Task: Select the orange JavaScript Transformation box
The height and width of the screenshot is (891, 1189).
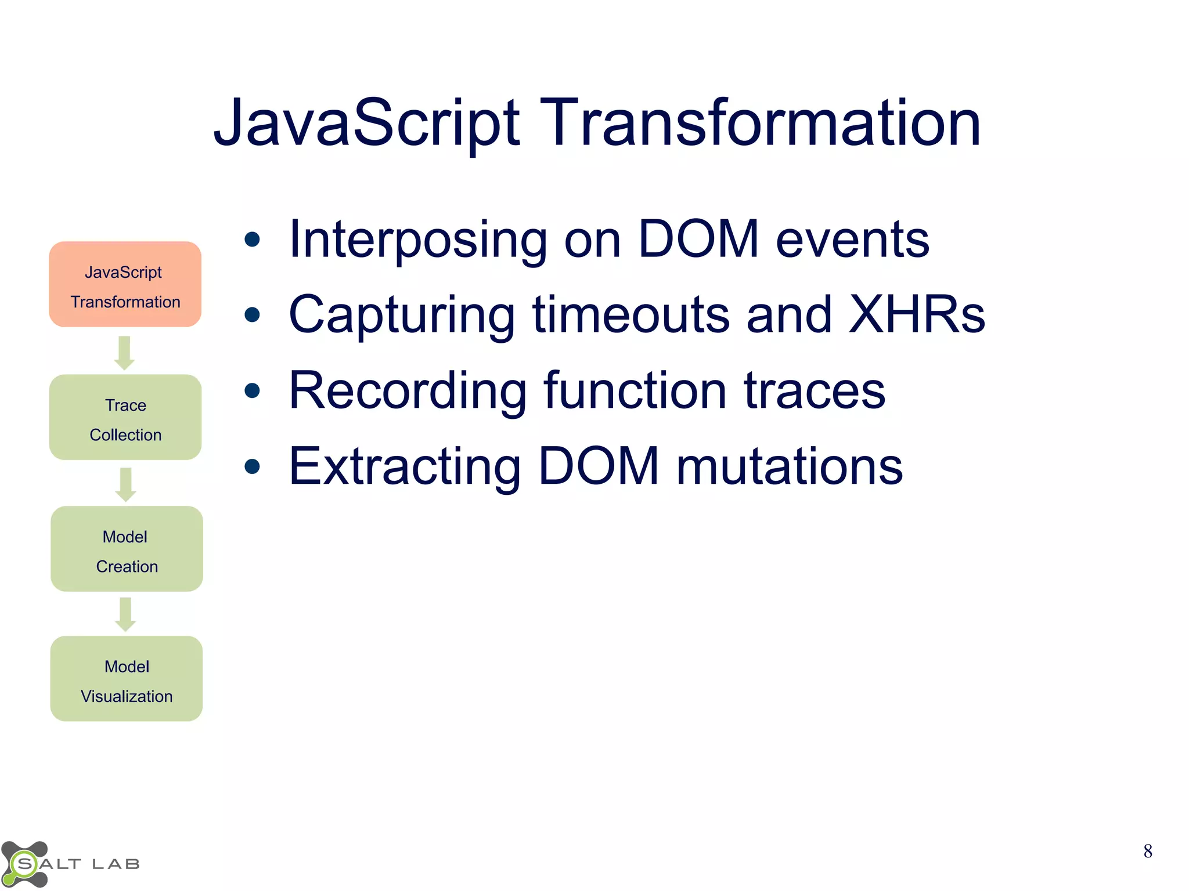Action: point(125,284)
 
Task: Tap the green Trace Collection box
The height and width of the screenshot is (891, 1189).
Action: point(125,418)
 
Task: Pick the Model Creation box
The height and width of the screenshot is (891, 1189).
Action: point(127,549)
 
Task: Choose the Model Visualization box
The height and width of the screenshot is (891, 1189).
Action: point(127,679)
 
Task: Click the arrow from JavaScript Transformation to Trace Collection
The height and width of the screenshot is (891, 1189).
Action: point(124,353)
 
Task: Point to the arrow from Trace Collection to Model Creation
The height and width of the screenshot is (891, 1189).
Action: point(125,484)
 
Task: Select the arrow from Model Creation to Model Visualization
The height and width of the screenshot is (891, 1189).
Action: point(125,614)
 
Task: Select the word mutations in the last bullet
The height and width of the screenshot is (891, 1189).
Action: point(790,466)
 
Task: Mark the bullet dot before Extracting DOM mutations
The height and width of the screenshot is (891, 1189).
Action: point(252,466)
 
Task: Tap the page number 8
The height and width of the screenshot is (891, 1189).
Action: point(1147,851)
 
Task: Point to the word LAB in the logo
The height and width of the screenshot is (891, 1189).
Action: point(116,864)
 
